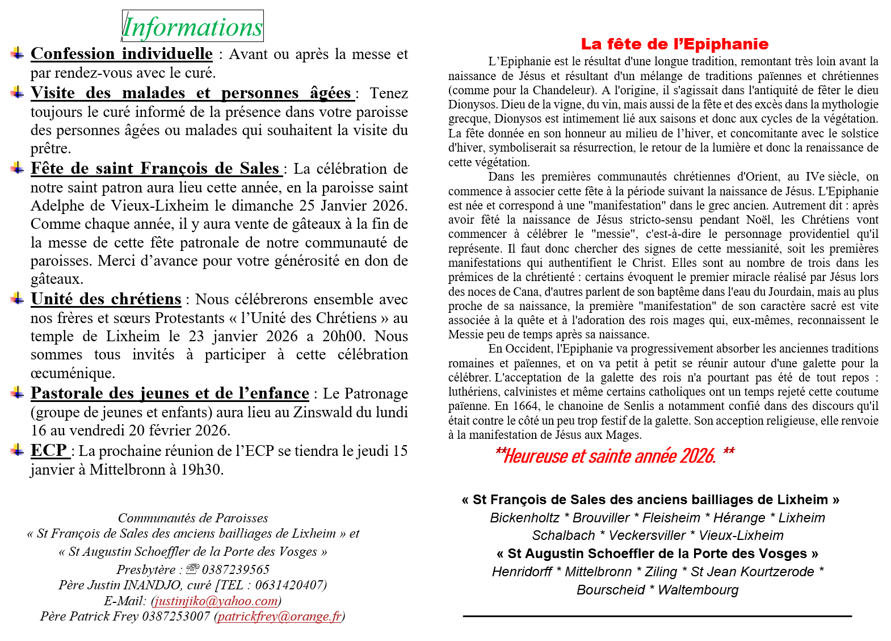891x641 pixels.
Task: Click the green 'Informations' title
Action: [x=192, y=27]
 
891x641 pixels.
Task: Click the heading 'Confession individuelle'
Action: [x=121, y=53]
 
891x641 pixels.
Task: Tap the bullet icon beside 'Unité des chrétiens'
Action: [x=18, y=298]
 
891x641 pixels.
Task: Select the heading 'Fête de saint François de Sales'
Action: [x=155, y=168]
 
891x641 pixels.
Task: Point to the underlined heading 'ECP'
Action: [x=49, y=450]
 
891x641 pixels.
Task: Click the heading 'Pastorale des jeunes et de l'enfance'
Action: [x=170, y=393]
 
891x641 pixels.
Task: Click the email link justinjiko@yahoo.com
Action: [x=216, y=601]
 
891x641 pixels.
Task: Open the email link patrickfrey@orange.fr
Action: [x=280, y=616]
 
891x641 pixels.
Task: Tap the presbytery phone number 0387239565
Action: [x=236, y=569]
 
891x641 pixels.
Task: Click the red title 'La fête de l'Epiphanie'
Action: [x=674, y=44]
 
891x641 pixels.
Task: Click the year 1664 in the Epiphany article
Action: [x=526, y=406]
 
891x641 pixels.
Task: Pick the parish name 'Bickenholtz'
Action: [x=524, y=518]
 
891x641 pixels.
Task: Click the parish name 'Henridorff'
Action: [x=522, y=572]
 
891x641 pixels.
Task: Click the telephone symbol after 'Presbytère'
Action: [x=193, y=569]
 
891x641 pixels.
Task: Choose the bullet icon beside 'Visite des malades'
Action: [x=18, y=92]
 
